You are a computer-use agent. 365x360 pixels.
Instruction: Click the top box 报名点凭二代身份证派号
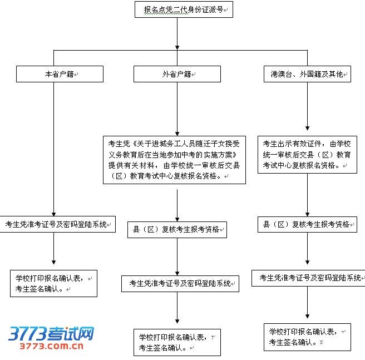tap(183, 9)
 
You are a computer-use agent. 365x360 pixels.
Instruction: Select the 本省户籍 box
tap(60, 74)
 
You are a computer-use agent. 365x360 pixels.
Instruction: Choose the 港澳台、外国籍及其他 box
tap(307, 74)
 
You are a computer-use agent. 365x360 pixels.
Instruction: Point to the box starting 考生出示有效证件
tap(307, 154)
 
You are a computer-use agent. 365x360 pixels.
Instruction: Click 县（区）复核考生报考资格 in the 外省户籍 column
tap(176, 229)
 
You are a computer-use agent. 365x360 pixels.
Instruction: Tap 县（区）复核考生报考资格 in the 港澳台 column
tap(307, 224)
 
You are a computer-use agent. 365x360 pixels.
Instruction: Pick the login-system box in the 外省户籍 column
tap(180, 283)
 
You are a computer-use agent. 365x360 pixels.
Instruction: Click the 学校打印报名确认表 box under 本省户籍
tap(53, 283)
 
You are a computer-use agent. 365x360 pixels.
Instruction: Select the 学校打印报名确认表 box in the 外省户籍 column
tap(177, 343)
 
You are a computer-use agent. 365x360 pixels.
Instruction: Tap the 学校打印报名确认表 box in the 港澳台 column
tap(307, 337)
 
